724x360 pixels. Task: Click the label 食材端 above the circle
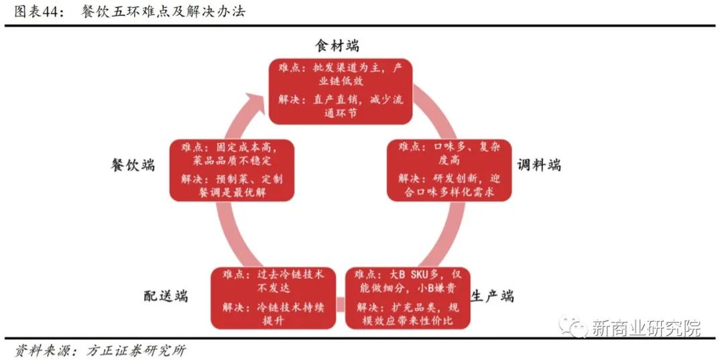[337, 46]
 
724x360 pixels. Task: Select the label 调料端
[540, 165]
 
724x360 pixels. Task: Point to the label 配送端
[166, 296]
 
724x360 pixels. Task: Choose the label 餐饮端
[133, 165]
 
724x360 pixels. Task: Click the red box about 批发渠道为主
[341, 91]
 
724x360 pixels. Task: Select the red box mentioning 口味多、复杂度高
[449, 170]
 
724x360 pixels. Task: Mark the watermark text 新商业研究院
[646, 328]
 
